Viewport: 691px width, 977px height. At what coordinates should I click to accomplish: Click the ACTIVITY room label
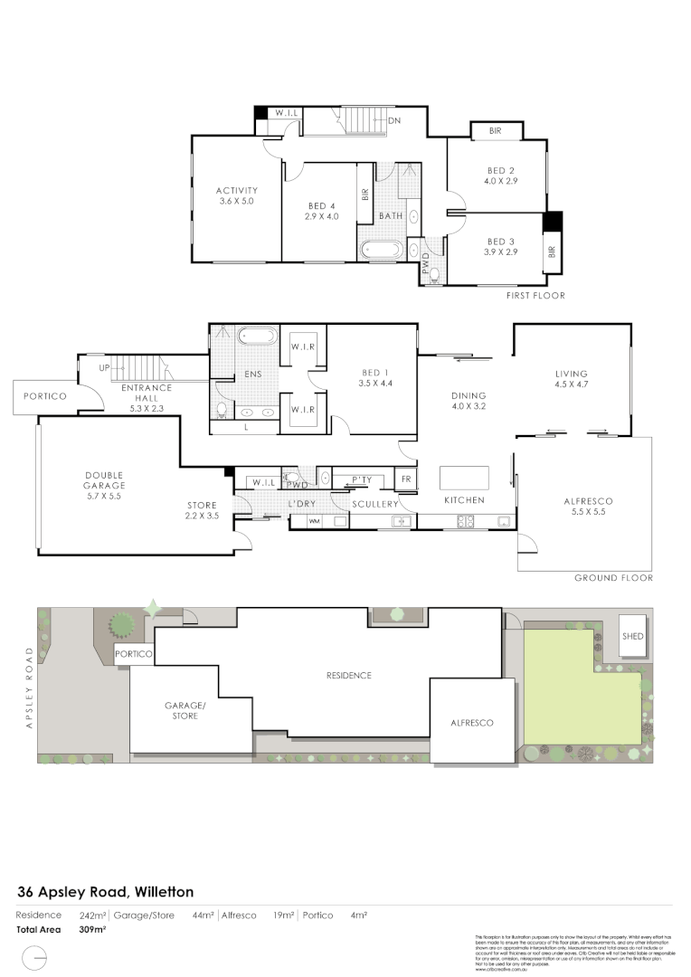coord(237,190)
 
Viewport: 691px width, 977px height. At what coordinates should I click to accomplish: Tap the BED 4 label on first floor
coord(322,206)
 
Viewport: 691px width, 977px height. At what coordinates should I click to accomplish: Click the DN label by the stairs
coord(394,120)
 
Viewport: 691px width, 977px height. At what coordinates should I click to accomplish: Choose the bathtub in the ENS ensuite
coord(256,337)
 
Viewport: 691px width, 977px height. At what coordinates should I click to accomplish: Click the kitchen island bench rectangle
coord(464,477)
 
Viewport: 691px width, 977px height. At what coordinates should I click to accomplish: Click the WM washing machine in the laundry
coord(315,521)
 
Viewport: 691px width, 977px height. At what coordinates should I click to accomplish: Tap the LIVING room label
coord(572,374)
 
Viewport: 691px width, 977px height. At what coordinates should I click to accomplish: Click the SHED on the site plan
coord(632,636)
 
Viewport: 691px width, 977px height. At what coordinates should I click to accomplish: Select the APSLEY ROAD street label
coord(29,688)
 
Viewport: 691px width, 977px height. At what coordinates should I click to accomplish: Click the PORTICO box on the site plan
coord(133,653)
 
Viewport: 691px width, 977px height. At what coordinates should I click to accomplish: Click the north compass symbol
coord(36,957)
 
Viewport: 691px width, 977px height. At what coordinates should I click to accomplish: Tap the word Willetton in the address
coord(164,892)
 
